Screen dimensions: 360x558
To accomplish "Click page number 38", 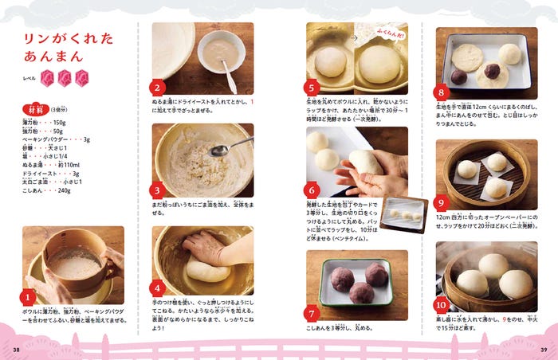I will click(17, 349).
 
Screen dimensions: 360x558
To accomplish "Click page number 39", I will click(542, 349).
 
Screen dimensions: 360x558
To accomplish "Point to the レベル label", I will click(29, 78).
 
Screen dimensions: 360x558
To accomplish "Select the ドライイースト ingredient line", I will click(50, 173).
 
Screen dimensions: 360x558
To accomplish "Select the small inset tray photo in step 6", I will click(403, 214).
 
